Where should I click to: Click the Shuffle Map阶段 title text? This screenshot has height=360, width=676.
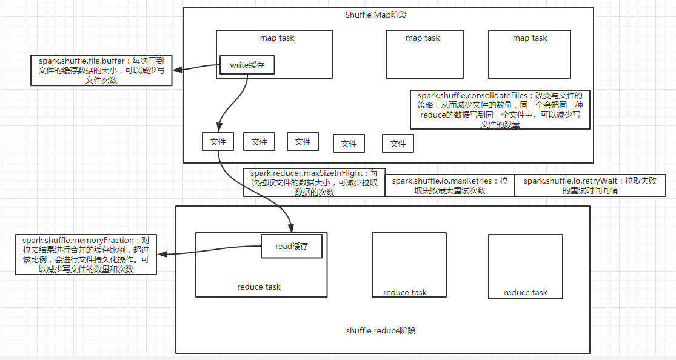tap(388, 15)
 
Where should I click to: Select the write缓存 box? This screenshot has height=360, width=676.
tap(247, 65)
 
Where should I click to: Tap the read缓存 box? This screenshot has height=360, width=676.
tap(290, 246)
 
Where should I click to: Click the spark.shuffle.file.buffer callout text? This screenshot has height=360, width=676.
tap(101, 70)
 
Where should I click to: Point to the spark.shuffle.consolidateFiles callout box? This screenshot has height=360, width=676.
tap(500, 110)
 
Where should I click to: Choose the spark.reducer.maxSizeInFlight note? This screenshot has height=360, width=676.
tap(314, 182)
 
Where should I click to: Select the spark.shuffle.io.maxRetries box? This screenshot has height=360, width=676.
tap(449, 185)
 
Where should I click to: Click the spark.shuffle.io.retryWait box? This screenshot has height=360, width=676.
tap(590, 185)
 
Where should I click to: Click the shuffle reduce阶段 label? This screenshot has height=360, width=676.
tap(381, 330)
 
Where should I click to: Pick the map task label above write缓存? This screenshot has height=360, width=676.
tap(277, 38)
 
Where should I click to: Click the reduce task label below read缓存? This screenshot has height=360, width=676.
tap(259, 287)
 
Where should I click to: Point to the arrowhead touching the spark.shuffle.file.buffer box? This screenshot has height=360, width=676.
tap(177, 68)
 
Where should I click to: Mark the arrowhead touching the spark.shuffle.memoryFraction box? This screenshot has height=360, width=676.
tap(161, 255)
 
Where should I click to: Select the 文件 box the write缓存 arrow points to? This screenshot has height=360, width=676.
tap(218, 142)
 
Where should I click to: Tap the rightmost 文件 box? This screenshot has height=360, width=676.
tap(398, 144)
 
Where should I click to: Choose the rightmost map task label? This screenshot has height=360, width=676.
tap(530, 38)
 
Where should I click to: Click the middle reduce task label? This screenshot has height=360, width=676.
tap(405, 292)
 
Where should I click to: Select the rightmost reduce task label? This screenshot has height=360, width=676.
tap(526, 292)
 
